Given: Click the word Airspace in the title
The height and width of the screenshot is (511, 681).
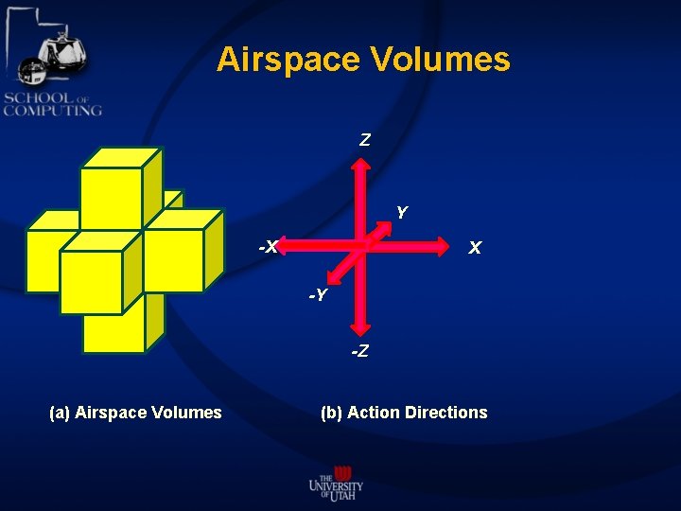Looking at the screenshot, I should pos(288,60).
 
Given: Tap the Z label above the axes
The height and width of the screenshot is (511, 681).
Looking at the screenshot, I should pos(365,140).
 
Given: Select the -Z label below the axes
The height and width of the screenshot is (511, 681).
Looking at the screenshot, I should pos(360,352).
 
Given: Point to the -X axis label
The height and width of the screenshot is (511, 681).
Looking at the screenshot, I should pos(270,247).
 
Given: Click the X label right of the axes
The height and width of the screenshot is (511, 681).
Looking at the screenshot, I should pos(475,248).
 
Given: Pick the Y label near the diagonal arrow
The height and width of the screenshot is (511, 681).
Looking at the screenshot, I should pos(402,213).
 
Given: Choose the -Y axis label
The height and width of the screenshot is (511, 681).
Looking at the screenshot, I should pos(318,296).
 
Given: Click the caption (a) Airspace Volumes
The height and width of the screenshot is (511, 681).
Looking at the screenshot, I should pos(135,412).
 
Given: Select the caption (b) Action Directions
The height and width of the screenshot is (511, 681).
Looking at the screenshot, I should pos(404,412).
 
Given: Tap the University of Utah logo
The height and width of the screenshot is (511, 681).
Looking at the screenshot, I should pos(336,481).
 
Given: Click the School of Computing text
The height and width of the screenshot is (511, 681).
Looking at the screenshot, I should pos(52,103).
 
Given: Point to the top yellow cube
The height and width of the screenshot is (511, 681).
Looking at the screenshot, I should pos(111,197).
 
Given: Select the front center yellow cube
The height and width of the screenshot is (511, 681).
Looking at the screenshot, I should pos(91,281).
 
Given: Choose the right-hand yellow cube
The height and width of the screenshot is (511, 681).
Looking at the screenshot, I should pos(175,258).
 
